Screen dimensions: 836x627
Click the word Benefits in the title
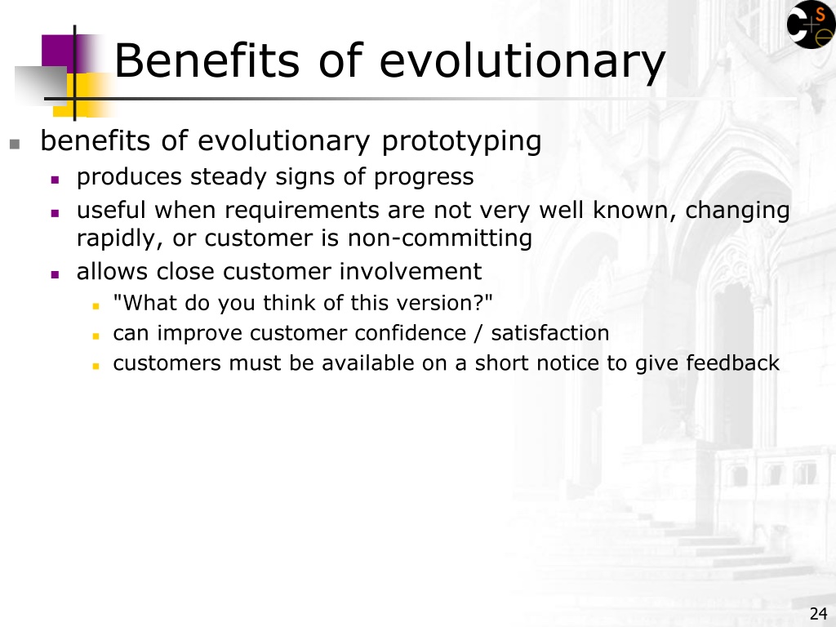207,60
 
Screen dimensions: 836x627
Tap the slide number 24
818,614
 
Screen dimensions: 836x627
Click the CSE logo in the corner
811,24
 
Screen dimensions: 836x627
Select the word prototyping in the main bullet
462,142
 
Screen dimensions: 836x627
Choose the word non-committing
440,238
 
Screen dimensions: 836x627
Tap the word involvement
411,271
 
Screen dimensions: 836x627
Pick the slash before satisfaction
478,334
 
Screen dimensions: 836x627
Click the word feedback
732,363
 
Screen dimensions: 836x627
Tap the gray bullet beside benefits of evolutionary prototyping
15,144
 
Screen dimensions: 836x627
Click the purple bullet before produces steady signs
55,180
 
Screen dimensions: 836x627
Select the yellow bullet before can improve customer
96,336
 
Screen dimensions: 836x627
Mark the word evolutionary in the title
522,60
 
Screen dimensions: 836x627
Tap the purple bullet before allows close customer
55,274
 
